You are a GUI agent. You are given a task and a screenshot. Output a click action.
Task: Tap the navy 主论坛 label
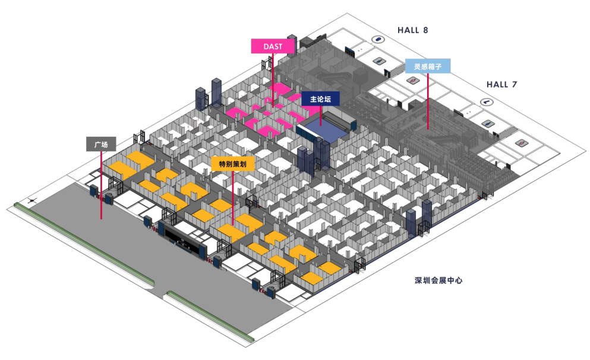point(320,99)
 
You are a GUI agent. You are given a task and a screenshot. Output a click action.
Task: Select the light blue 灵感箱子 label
point(428,65)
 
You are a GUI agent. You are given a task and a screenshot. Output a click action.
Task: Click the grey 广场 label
point(101,144)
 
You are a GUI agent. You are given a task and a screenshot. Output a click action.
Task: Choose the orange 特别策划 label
point(233,164)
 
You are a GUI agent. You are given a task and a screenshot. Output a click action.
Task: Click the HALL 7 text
point(501,84)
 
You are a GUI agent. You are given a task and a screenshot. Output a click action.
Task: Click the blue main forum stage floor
point(324,129)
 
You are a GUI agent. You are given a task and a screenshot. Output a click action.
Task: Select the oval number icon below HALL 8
point(377,40)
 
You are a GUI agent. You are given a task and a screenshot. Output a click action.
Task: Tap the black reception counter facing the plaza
point(185,240)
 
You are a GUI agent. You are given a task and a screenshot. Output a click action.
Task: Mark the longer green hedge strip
point(83,244)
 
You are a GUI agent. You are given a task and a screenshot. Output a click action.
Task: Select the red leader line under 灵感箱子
point(428,101)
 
